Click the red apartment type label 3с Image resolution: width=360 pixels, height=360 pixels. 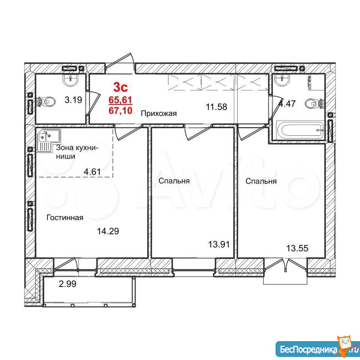[x=120, y=87]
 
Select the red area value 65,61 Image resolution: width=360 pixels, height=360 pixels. [x=120, y=100]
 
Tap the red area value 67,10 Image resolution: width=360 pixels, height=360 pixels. [x=120, y=111]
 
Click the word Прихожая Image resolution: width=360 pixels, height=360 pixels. [x=159, y=113]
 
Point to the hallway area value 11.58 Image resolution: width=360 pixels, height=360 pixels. [x=216, y=107]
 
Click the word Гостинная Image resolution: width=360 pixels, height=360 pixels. [x=65, y=217]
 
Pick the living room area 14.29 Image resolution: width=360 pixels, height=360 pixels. [x=108, y=231]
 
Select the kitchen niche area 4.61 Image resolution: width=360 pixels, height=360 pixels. [x=92, y=171]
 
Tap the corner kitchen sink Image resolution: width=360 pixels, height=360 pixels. [x=49, y=140]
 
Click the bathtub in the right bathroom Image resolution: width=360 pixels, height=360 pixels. [x=300, y=130]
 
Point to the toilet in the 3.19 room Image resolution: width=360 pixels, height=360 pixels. [x=46, y=101]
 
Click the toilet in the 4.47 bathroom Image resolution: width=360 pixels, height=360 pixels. [x=314, y=103]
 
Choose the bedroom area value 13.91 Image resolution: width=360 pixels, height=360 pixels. [x=219, y=244]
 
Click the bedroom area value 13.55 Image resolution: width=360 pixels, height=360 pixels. [x=297, y=248]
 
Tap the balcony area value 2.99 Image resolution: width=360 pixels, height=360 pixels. [x=67, y=284]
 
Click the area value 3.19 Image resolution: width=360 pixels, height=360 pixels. [x=73, y=100]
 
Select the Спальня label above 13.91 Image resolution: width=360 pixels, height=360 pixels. [x=174, y=181]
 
